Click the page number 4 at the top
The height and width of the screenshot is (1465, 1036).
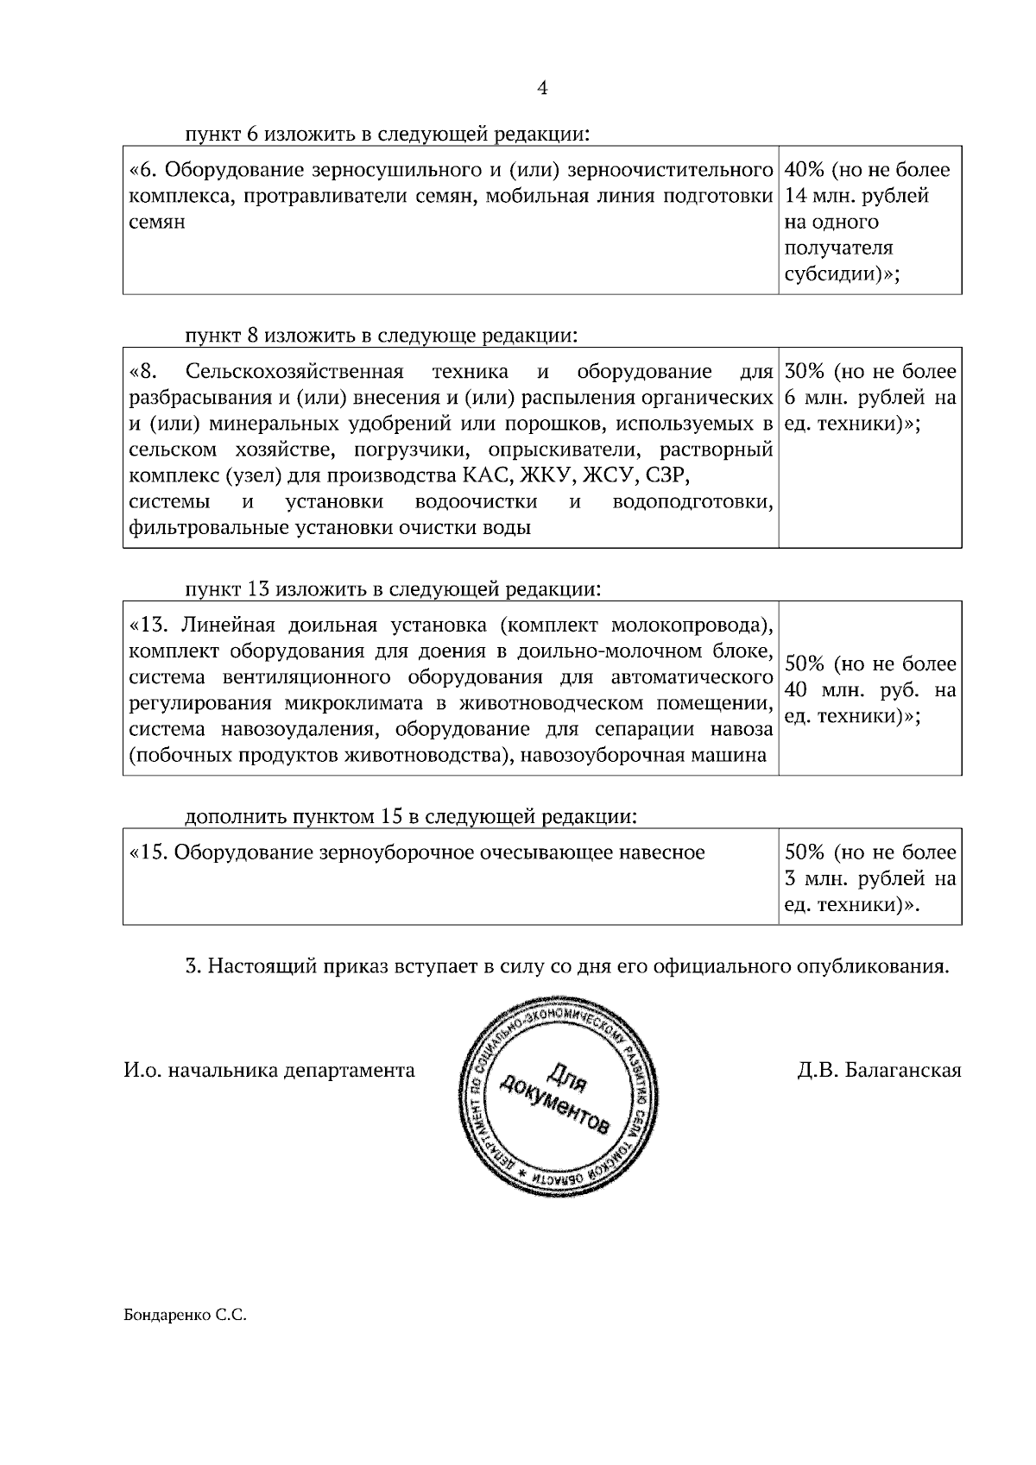point(542,88)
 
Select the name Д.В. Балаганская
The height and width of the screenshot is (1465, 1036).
point(879,1071)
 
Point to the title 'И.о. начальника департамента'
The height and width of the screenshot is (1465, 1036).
point(268,1071)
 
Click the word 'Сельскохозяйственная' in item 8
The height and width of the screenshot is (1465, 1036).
point(294,372)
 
